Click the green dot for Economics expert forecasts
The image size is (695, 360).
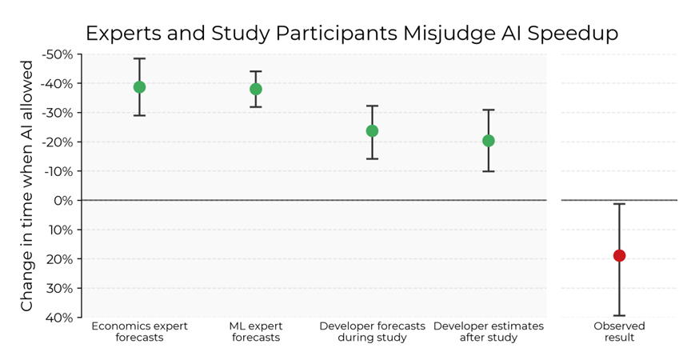tap(139, 87)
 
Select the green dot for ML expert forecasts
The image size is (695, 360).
tap(256, 90)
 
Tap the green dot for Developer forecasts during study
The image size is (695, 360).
tap(372, 131)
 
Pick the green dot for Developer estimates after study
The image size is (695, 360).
tap(488, 141)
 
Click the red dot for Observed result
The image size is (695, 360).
tap(619, 256)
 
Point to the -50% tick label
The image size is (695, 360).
tap(58, 54)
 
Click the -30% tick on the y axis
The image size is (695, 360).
tap(58, 113)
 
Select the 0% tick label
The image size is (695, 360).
tap(63, 201)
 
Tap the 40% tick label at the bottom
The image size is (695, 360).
tap(60, 318)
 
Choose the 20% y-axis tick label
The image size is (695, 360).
tap(60, 259)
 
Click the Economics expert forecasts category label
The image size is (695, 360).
tap(139, 332)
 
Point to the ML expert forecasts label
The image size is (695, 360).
tap(256, 332)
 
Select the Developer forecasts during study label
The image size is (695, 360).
tap(372, 332)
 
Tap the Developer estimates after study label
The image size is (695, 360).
tap(488, 332)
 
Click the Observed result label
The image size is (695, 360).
tap(619, 332)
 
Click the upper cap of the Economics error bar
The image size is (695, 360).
tap(139, 58)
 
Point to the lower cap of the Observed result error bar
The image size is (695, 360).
tap(619, 316)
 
